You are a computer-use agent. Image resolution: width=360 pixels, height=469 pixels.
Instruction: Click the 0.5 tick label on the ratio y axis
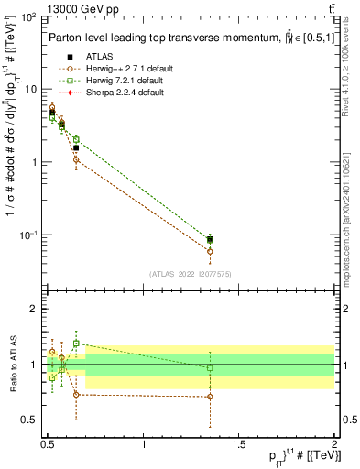[29, 420]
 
